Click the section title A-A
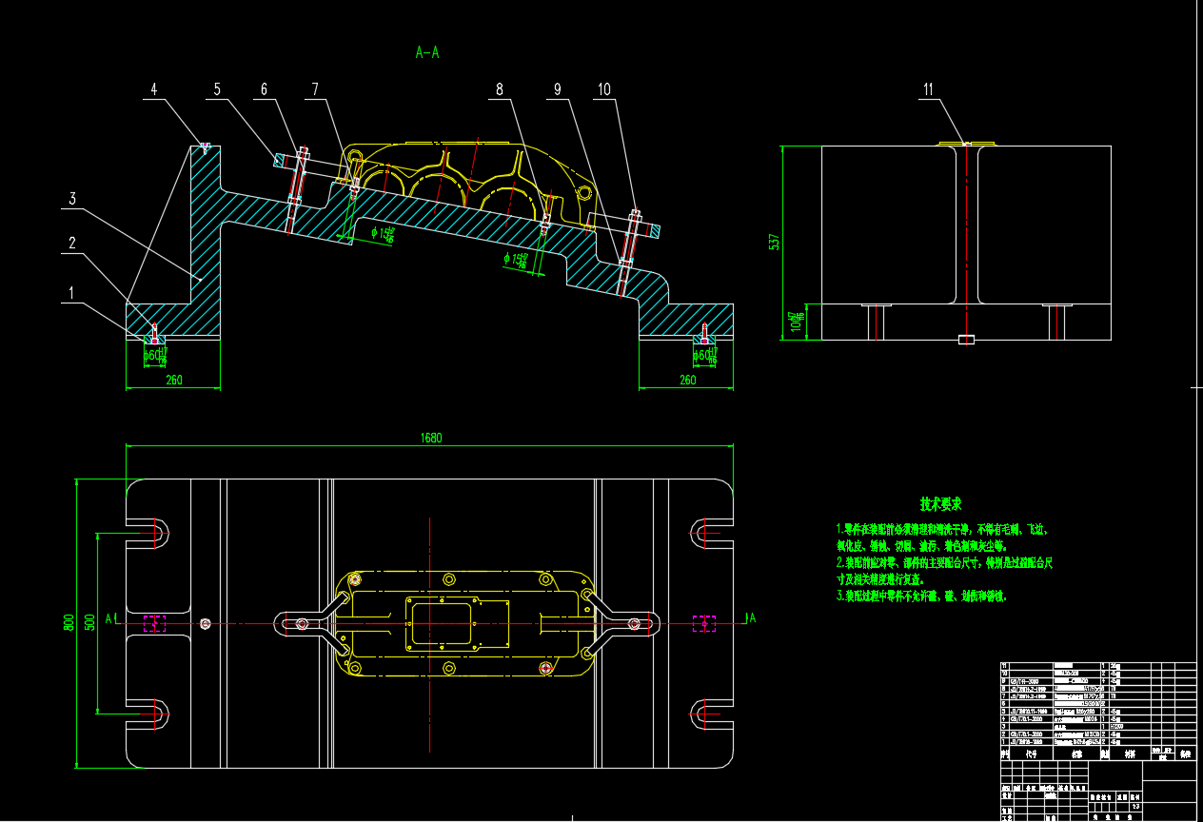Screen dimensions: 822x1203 427,53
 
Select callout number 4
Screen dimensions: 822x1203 154,89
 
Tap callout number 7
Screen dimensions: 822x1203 314,89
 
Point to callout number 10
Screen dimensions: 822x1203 603,89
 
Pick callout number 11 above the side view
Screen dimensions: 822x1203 929,89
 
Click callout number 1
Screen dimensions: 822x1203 69,294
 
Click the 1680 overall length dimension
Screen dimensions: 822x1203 431,439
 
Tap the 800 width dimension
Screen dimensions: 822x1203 69,623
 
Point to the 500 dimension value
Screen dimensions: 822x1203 89,622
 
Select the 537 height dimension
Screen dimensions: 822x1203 774,242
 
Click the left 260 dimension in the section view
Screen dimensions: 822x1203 174,381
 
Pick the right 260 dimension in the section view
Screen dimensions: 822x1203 687,381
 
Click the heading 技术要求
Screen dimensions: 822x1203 940,503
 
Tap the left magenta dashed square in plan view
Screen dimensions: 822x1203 154,623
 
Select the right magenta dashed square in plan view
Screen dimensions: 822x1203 703,623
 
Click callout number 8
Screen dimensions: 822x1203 499,89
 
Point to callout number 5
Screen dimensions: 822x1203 217,89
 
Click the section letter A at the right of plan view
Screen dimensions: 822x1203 752,618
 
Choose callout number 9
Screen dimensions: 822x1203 558,89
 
